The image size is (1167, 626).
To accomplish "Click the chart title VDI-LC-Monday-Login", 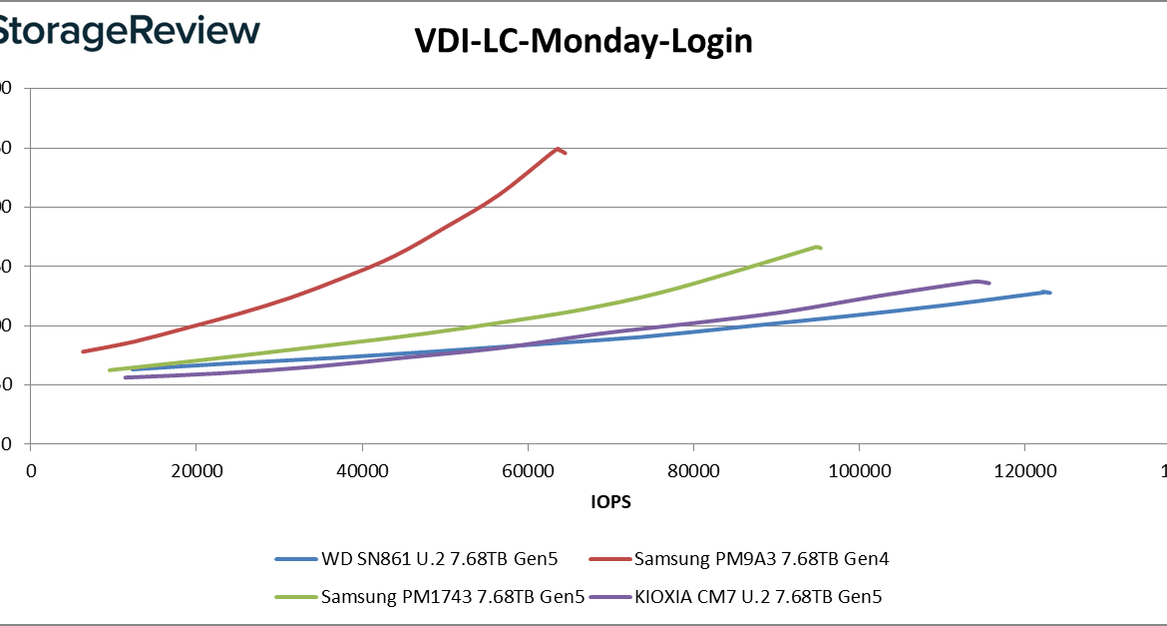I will [583, 42].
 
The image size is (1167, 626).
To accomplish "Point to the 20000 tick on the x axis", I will [196, 469].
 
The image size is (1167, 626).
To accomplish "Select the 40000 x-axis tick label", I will [362, 469].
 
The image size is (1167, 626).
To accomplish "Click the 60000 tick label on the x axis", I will [528, 469].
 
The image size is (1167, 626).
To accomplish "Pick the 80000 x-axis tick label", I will [693, 469].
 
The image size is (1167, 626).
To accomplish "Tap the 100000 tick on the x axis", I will [859, 469].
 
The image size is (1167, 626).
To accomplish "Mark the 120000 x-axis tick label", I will [1024, 469].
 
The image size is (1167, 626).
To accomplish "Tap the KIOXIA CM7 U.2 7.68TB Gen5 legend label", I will [758, 598].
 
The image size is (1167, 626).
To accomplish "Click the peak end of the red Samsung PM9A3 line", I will [558, 148].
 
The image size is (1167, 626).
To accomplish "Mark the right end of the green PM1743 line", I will [820, 247].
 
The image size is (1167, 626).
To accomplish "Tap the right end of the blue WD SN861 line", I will [1050, 293].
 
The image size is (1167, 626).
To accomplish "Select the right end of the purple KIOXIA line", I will [988, 284].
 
